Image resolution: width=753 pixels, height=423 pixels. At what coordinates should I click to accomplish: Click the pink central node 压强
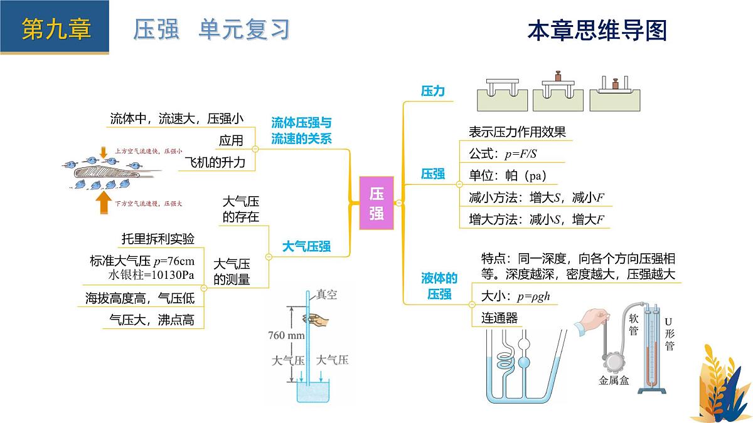coord(376,202)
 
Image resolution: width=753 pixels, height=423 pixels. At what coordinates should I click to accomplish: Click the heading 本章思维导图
coord(597,30)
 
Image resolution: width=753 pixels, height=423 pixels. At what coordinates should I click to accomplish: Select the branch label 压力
coord(432,91)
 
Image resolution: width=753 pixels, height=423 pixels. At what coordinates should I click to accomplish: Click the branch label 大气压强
coord(306,246)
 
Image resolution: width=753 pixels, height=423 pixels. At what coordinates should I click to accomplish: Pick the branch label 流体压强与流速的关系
coord(301,131)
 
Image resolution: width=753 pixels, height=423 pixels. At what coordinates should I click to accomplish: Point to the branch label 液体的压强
coord(439,286)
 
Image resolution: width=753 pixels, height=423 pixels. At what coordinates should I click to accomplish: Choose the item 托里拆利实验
coord(158,239)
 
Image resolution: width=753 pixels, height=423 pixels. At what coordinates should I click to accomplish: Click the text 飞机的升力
coord(219,162)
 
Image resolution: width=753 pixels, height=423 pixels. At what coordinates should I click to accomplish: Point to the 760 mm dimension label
coord(286,335)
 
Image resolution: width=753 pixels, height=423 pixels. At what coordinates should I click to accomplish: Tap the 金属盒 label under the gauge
coord(613,380)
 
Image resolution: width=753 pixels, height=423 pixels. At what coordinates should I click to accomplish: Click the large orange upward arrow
coord(102,203)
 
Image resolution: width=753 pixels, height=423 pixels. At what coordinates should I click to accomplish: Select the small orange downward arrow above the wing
coord(103,152)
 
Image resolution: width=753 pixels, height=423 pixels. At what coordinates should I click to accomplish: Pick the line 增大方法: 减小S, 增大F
coord(536,219)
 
